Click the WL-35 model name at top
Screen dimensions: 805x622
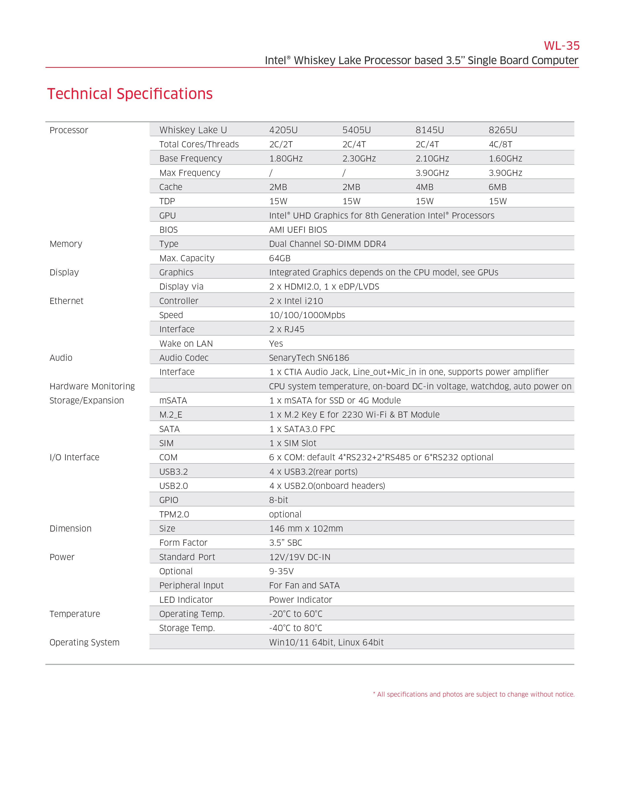tap(561, 46)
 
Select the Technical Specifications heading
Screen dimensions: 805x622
tap(130, 94)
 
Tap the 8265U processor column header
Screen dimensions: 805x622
tap(503, 130)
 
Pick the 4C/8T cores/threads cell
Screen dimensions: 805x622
tap(500, 144)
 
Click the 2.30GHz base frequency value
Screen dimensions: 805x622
tap(359, 159)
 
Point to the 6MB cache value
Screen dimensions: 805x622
tap(497, 187)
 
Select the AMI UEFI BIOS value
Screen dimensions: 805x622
tap(298, 230)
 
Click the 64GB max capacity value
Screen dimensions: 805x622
tap(280, 258)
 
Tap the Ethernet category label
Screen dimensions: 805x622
tap(66, 301)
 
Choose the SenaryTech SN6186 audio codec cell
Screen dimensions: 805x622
tap(309, 358)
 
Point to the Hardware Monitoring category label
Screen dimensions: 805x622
tap(92, 386)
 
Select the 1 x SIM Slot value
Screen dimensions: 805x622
tap(292, 443)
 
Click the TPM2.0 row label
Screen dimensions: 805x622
tap(174, 514)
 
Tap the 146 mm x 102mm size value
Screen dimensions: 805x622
tap(306, 529)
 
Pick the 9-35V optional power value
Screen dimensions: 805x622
tap(281, 571)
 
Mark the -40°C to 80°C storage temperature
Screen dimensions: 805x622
tap(296, 628)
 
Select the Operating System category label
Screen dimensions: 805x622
tap(84, 643)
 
